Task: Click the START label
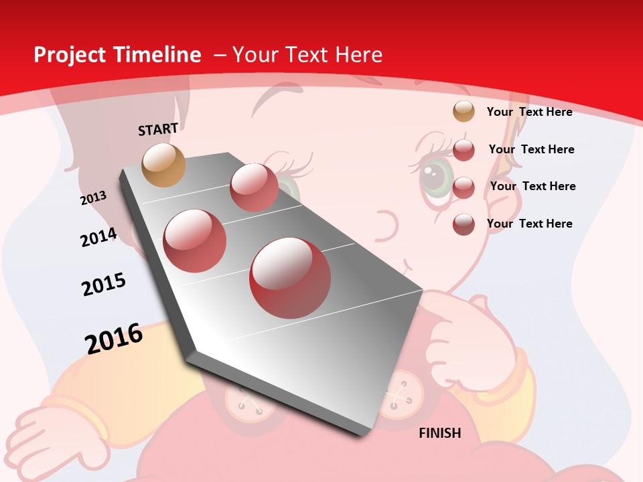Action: [x=158, y=129]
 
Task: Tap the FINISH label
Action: [x=440, y=433]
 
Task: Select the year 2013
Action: [x=93, y=198]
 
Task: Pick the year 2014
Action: [x=98, y=237]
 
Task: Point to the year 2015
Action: [x=104, y=285]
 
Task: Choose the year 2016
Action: [x=114, y=339]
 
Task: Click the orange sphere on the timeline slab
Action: [x=164, y=165]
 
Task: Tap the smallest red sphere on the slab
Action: [x=254, y=187]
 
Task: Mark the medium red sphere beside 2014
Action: [x=195, y=241]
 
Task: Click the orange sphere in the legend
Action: [x=463, y=111]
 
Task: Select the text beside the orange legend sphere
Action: [x=529, y=112]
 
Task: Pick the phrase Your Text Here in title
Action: [x=307, y=55]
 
